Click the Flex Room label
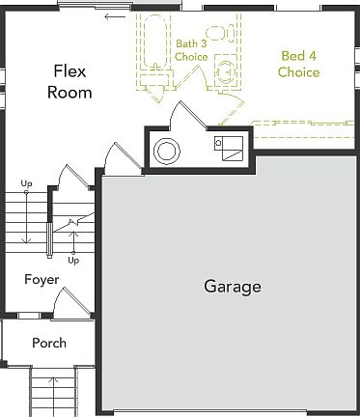click(x=72, y=82)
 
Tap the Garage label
click(x=232, y=287)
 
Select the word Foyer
click(x=42, y=280)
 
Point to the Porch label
click(x=48, y=343)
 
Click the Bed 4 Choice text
click(x=298, y=64)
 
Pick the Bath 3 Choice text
click(x=190, y=50)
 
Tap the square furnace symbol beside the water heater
click(x=229, y=149)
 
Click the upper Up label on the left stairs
click(x=26, y=183)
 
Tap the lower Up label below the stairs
click(x=73, y=260)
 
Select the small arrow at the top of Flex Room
click(x=115, y=16)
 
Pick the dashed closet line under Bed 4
click(x=299, y=123)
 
